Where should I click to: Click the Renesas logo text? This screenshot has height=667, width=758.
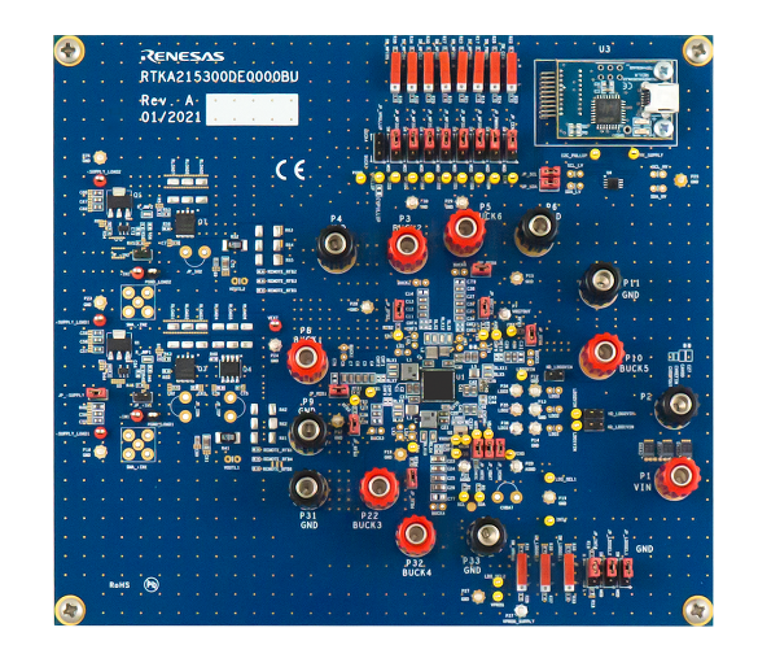[182, 57]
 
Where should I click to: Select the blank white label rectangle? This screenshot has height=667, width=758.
[252, 109]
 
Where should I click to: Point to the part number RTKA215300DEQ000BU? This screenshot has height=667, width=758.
[219, 77]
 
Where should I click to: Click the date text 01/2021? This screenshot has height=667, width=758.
[171, 117]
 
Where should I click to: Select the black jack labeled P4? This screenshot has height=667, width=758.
[336, 245]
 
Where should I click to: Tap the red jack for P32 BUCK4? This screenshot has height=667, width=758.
[416, 534]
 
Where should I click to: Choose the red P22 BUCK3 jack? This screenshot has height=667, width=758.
[378, 486]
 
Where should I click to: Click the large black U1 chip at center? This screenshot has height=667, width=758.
[438, 385]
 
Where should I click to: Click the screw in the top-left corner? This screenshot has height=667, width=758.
[69, 51]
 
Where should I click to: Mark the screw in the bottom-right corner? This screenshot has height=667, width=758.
[698, 610]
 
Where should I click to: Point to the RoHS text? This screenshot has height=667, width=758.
[119, 585]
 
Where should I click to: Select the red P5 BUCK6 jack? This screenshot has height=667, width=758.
[465, 229]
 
